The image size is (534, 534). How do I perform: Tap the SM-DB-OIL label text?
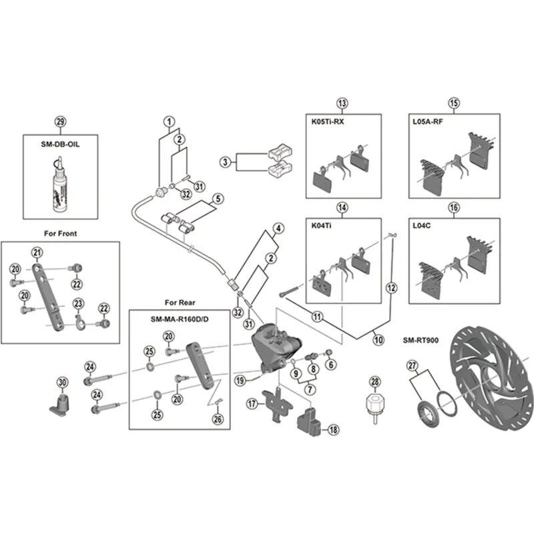(x=61, y=142)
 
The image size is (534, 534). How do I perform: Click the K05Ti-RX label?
(x=328, y=122)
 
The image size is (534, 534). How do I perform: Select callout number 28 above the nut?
(x=375, y=381)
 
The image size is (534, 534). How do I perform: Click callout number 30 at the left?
(x=63, y=382)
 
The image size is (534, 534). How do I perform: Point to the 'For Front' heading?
(x=61, y=234)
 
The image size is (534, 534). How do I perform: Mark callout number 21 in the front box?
(x=37, y=252)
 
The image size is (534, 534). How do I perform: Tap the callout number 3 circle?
(x=226, y=162)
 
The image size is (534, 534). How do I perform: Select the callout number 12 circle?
(x=391, y=287)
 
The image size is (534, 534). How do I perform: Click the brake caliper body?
(x=270, y=347)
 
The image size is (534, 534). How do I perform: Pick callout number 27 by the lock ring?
(x=413, y=365)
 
